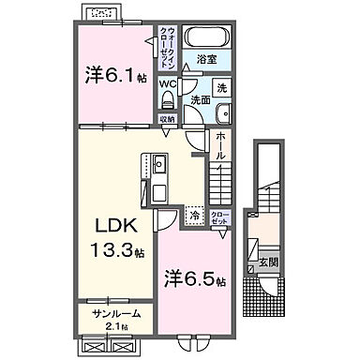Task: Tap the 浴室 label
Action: (207, 59)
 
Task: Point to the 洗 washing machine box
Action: (221, 86)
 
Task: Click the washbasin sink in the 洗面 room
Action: (220, 113)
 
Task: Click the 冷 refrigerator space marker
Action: (192, 215)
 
